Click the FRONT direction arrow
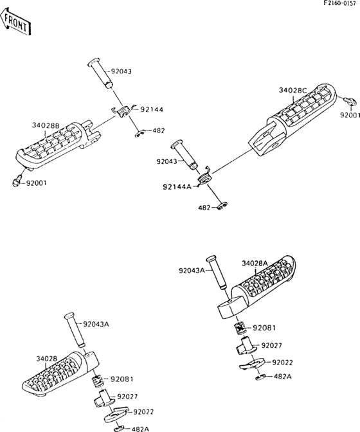[x=15, y=22]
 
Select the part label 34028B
[x=46, y=125]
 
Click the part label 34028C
[x=293, y=90]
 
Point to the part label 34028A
[x=255, y=264]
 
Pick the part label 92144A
[x=177, y=187]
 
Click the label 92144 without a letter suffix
[x=152, y=110]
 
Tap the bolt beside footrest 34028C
[x=349, y=102]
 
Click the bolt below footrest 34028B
[x=17, y=181]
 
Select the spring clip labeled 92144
[x=122, y=111]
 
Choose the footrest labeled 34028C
[x=292, y=118]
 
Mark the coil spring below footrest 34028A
[x=240, y=328]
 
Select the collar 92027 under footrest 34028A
[x=246, y=345]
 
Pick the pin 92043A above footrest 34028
[x=75, y=330]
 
